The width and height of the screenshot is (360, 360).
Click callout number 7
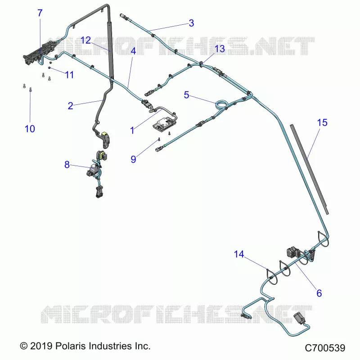(40, 13)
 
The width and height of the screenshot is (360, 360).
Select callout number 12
(85, 40)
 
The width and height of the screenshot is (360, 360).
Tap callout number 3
(191, 23)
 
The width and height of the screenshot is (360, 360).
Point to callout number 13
(220, 49)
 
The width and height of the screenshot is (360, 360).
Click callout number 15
(322, 122)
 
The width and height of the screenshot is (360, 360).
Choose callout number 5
(186, 95)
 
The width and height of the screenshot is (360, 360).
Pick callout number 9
(133, 159)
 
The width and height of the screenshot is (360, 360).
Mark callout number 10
(30, 129)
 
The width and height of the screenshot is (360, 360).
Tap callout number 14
(239, 254)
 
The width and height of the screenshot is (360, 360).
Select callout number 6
(319, 293)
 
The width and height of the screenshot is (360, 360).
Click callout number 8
(67, 165)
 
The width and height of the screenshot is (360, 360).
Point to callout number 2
(71, 106)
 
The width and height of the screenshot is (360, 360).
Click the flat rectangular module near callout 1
(164, 124)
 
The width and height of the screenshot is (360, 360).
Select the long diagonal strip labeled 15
(310, 170)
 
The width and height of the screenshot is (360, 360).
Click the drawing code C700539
(325, 348)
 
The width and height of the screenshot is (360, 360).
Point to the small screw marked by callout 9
(159, 139)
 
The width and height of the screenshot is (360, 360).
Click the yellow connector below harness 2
(105, 133)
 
